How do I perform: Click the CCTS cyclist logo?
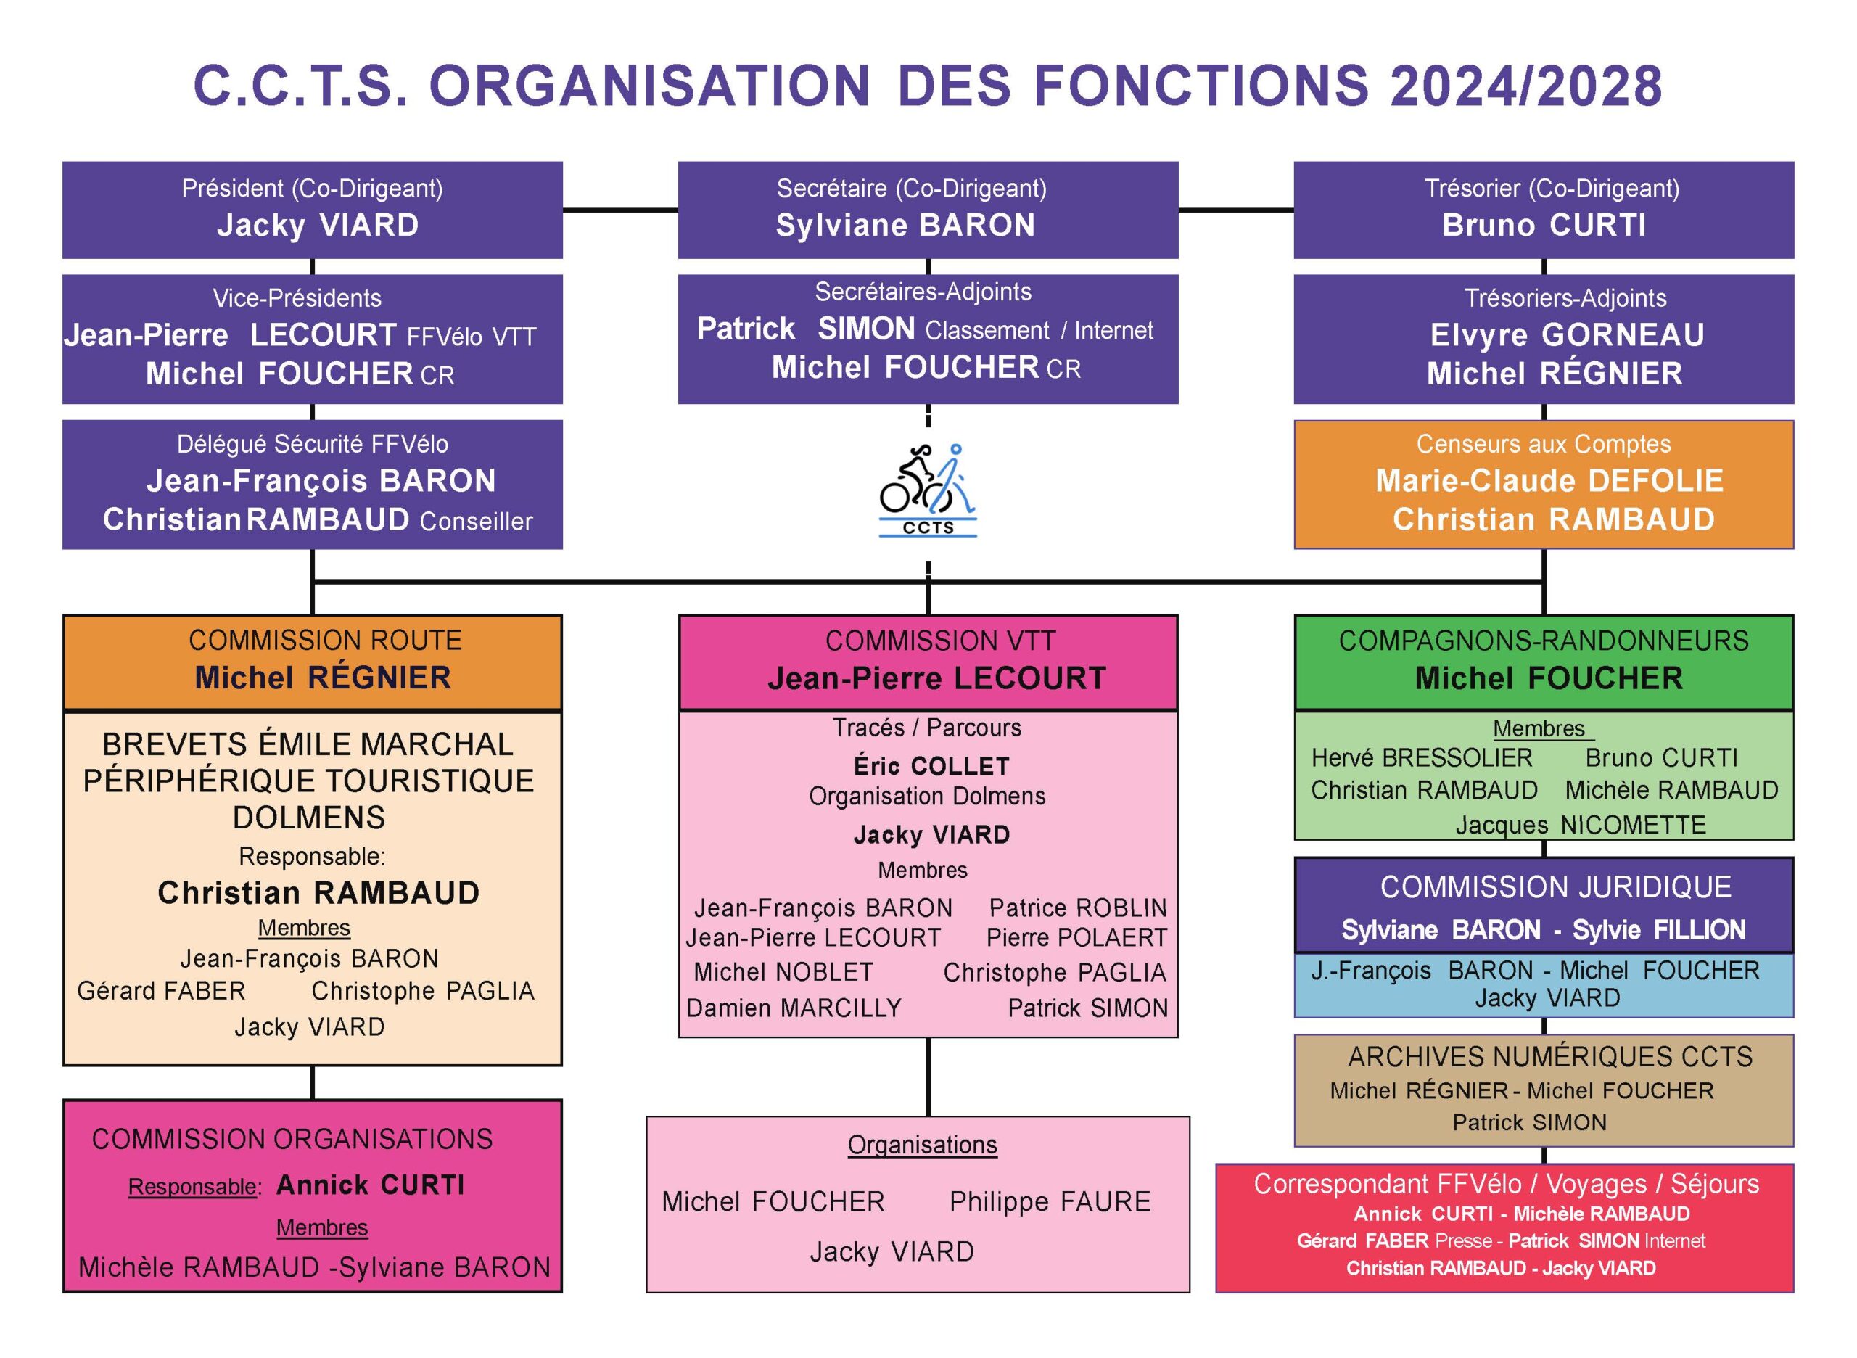[x=927, y=491]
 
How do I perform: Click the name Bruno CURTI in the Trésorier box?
[x=1543, y=225]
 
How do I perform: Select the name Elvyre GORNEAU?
[x=1566, y=334]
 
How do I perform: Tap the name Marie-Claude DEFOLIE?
[x=1549, y=481]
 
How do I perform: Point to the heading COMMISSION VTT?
[x=939, y=641]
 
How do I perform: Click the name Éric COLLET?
[x=931, y=766]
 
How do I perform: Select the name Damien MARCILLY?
[x=794, y=1008]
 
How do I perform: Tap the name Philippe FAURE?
[x=1050, y=1202]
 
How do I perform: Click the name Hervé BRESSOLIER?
[x=1421, y=757]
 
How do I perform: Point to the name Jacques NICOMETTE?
[x=1580, y=825]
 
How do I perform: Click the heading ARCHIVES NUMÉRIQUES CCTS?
[x=1549, y=1056]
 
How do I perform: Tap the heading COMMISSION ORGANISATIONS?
[x=292, y=1140]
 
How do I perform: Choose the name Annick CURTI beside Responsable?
[x=370, y=1185]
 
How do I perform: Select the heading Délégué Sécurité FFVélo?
[x=313, y=444]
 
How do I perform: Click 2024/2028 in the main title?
[x=1525, y=87]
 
